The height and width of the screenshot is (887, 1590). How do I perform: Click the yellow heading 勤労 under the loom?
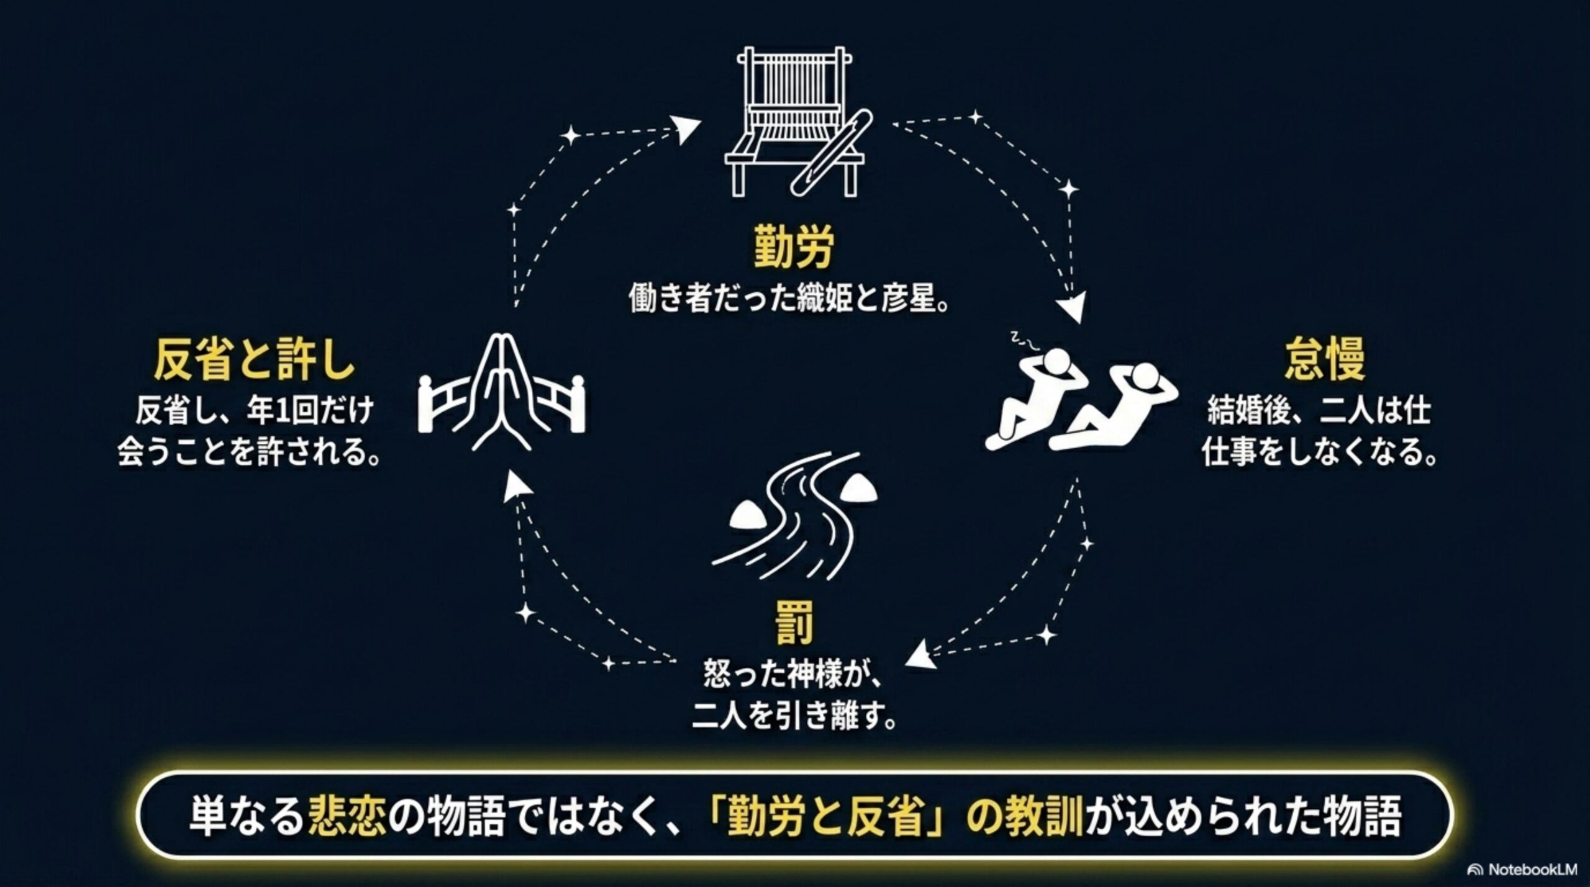click(x=793, y=246)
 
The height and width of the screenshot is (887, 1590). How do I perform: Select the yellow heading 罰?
click(x=794, y=622)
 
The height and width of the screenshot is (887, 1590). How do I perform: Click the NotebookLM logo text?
click(x=1532, y=870)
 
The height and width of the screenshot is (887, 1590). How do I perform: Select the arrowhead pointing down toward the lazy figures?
click(x=1070, y=308)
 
